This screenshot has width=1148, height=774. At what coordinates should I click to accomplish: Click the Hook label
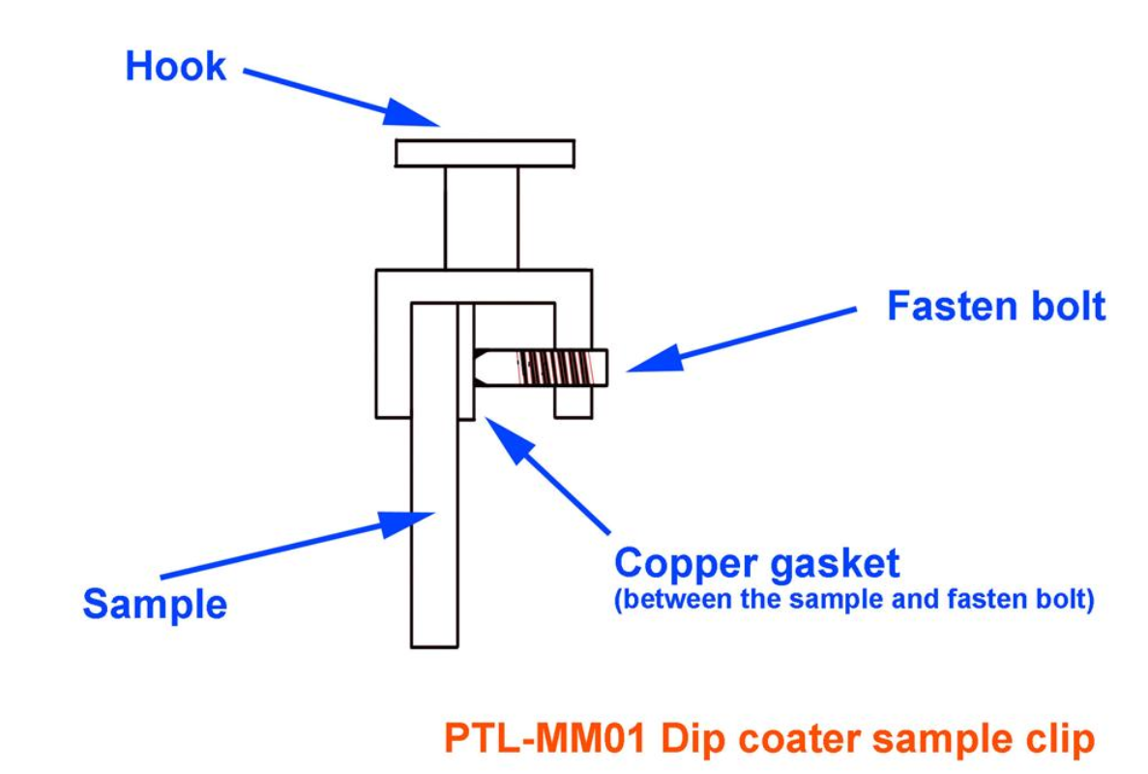(175, 67)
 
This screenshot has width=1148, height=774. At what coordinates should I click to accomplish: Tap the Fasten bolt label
(995, 307)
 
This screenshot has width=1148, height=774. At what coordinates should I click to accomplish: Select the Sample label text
(155, 604)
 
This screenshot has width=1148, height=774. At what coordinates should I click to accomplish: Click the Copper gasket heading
(756, 563)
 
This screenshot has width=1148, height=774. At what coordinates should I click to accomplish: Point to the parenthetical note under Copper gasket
(854, 600)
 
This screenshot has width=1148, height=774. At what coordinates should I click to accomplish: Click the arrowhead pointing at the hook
(418, 112)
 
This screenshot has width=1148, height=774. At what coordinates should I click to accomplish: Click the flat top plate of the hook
(484, 153)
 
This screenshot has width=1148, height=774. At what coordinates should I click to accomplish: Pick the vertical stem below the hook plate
(482, 218)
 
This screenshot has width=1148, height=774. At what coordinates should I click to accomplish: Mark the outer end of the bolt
(602, 367)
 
